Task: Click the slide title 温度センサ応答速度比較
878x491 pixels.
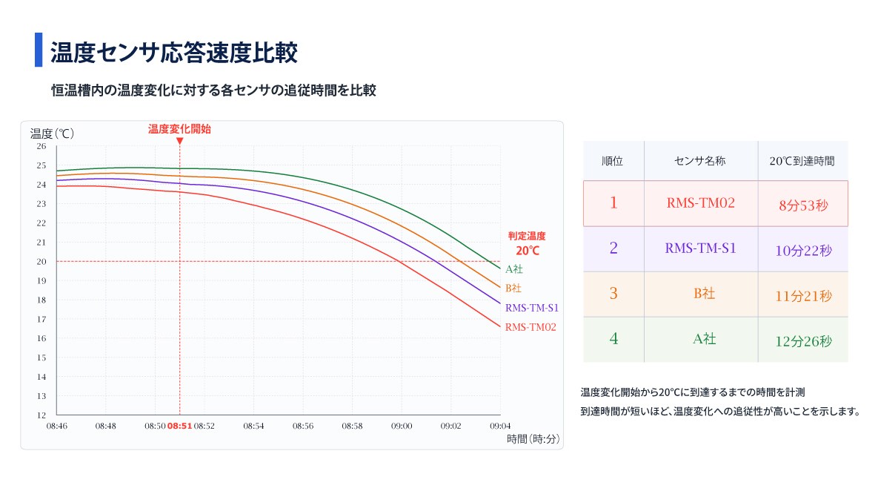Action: pyautogui.click(x=173, y=53)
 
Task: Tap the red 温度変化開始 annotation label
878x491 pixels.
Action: pyautogui.click(x=180, y=129)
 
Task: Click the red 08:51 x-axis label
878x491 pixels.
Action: pyautogui.click(x=180, y=426)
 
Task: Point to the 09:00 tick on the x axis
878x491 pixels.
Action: pyautogui.click(x=402, y=426)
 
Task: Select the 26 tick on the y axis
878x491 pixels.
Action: pyautogui.click(x=41, y=146)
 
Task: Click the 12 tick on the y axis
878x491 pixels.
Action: pyautogui.click(x=41, y=415)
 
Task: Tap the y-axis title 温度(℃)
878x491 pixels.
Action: pyautogui.click(x=52, y=134)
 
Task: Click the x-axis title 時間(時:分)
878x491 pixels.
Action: pyautogui.click(x=533, y=439)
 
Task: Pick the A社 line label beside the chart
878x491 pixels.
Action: pyautogui.click(x=514, y=269)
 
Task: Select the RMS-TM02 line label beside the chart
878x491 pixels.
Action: pyautogui.click(x=531, y=327)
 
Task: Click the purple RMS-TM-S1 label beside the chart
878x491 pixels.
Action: pyautogui.click(x=532, y=308)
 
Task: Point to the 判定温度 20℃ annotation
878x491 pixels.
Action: pyautogui.click(x=527, y=244)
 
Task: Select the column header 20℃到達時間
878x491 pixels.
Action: pyautogui.click(x=802, y=162)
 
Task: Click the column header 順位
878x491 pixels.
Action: pyautogui.click(x=613, y=162)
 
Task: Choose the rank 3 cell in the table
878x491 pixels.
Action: pyautogui.click(x=613, y=293)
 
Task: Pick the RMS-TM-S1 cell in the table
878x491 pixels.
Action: pyautogui.click(x=700, y=248)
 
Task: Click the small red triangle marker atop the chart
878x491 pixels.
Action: pyautogui.click(x=180, y=141)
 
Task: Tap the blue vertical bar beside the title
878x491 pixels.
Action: pyautogui.click(x=39, y=50)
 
